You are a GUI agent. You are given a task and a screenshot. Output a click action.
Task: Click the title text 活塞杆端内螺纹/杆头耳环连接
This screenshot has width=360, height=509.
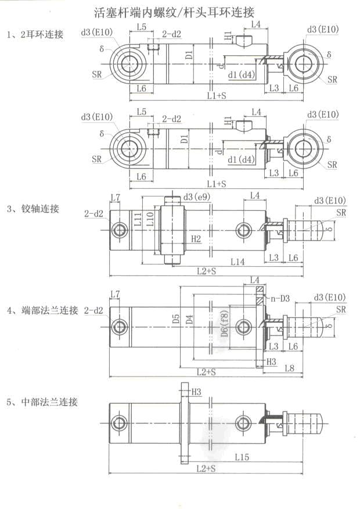click(174, 12)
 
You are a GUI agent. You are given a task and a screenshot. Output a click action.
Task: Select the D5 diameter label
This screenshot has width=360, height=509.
click(177, 319)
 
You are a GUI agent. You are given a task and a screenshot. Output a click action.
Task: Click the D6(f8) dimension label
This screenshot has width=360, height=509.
click(225, 323)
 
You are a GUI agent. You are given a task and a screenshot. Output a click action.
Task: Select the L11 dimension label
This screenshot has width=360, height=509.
click(138, 219)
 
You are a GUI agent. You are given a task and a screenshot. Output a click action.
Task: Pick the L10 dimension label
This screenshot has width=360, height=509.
click(150, 219)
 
